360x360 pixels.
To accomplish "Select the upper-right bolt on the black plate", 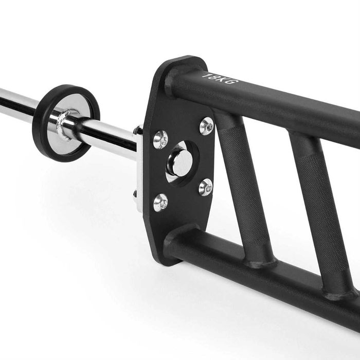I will (x=206, y=126).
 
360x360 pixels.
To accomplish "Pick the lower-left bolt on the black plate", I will (x=160, y=202).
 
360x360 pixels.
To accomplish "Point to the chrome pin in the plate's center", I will (x=181, y=163).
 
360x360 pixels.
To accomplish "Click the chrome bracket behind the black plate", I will (x=139, y=170).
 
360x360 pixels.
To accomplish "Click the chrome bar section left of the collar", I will (x=15, y=103).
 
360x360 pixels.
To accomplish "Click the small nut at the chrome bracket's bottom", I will (x=136, y=194).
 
